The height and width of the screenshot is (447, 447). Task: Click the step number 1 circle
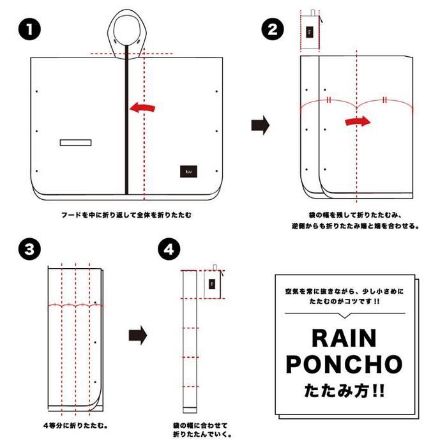coord(29,29)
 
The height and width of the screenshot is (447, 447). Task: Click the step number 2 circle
coord(273,29)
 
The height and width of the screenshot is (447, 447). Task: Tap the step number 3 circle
coord(29,249)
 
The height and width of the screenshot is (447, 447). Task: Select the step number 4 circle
coord(169,249)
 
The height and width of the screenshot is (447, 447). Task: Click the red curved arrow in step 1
coord(142,107)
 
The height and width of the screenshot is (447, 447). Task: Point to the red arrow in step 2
coord(358,121)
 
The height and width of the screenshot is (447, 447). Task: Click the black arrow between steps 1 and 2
coord(261,125)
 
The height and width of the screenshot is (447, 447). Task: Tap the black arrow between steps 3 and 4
coord(138,335)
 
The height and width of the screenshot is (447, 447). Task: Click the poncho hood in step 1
coord(127,34)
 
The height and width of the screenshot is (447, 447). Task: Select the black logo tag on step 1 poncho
coord(188,171)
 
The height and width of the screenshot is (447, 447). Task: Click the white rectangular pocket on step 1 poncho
coord(75,142)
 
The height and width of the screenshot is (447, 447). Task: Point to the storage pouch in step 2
coord(310,31)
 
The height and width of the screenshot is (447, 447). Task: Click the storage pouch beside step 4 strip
coord(213,283)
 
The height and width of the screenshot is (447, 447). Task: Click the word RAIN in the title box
coord(344,338)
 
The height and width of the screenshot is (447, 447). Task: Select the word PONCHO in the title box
coord(344,364)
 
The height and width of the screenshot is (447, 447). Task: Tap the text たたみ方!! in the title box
coord(344,391)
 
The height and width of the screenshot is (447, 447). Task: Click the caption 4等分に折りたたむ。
coord(75,426)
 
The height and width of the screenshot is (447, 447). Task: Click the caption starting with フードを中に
coord(126,215)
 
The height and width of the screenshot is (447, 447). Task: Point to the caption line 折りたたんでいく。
coord(202,434)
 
